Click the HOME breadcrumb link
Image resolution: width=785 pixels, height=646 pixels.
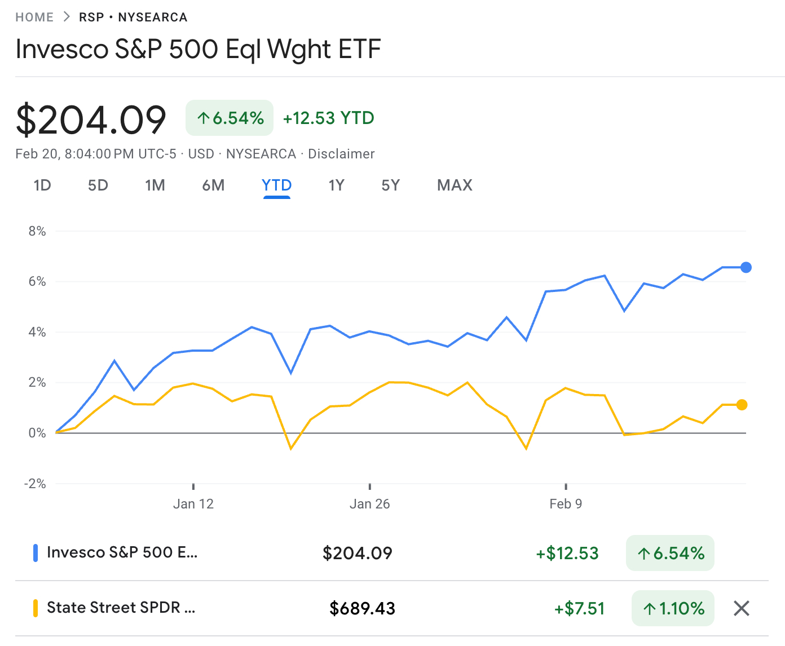[34, 17]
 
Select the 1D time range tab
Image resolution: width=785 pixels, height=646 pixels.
[42, 185]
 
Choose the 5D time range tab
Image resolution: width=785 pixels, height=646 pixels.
[98, 185]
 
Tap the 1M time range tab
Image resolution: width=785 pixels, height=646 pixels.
[155, 185]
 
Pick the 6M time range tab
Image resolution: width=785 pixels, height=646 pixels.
[213, 185]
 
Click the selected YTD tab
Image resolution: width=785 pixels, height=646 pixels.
[276, 185]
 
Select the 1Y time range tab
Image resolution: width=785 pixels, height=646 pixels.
[336, 185]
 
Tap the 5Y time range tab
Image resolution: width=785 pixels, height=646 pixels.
[390, 185]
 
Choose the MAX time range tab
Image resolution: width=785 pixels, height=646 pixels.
[455, 185]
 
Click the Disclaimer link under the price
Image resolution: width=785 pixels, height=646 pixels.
[341, 154]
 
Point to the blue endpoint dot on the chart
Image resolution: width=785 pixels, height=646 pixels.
[746, 267]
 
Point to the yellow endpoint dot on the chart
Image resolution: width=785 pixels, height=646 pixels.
[742, 405]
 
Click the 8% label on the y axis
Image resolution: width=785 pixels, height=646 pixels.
[37, 231]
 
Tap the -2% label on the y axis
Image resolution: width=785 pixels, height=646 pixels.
[35, 484]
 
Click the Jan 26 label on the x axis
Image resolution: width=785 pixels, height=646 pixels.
[369, 504]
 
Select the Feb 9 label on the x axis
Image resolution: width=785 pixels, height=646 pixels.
[566, 504]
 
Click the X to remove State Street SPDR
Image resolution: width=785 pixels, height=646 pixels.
[742, 608]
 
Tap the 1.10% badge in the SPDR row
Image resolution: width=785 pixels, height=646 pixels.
[673, 608]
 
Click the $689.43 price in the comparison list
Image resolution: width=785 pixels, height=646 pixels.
[362, 608]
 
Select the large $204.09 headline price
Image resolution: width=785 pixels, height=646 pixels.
[91, 120]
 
